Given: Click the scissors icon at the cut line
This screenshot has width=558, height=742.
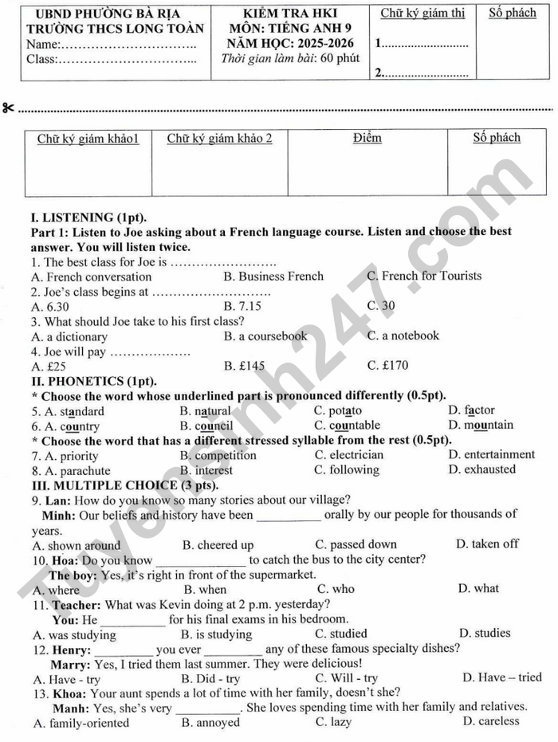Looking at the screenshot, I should [x=8, y=108].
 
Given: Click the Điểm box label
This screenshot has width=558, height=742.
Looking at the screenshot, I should [x=367, y=138].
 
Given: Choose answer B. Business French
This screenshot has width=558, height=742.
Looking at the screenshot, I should [x=273, y=277].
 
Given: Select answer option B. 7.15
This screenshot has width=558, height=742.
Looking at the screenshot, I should [x=242, y=306].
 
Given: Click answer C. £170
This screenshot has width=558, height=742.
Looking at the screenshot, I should [x=387, y=366].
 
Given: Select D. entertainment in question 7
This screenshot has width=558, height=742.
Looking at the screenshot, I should [x=492, y=455].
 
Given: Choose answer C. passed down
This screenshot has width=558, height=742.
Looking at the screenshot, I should [x=356, y=545].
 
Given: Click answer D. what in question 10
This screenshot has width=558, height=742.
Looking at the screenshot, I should [x=478, y=589].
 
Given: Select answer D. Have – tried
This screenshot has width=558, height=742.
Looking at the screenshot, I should [x=501, y=678].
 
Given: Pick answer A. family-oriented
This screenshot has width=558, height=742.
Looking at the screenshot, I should [x=81, y=723].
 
